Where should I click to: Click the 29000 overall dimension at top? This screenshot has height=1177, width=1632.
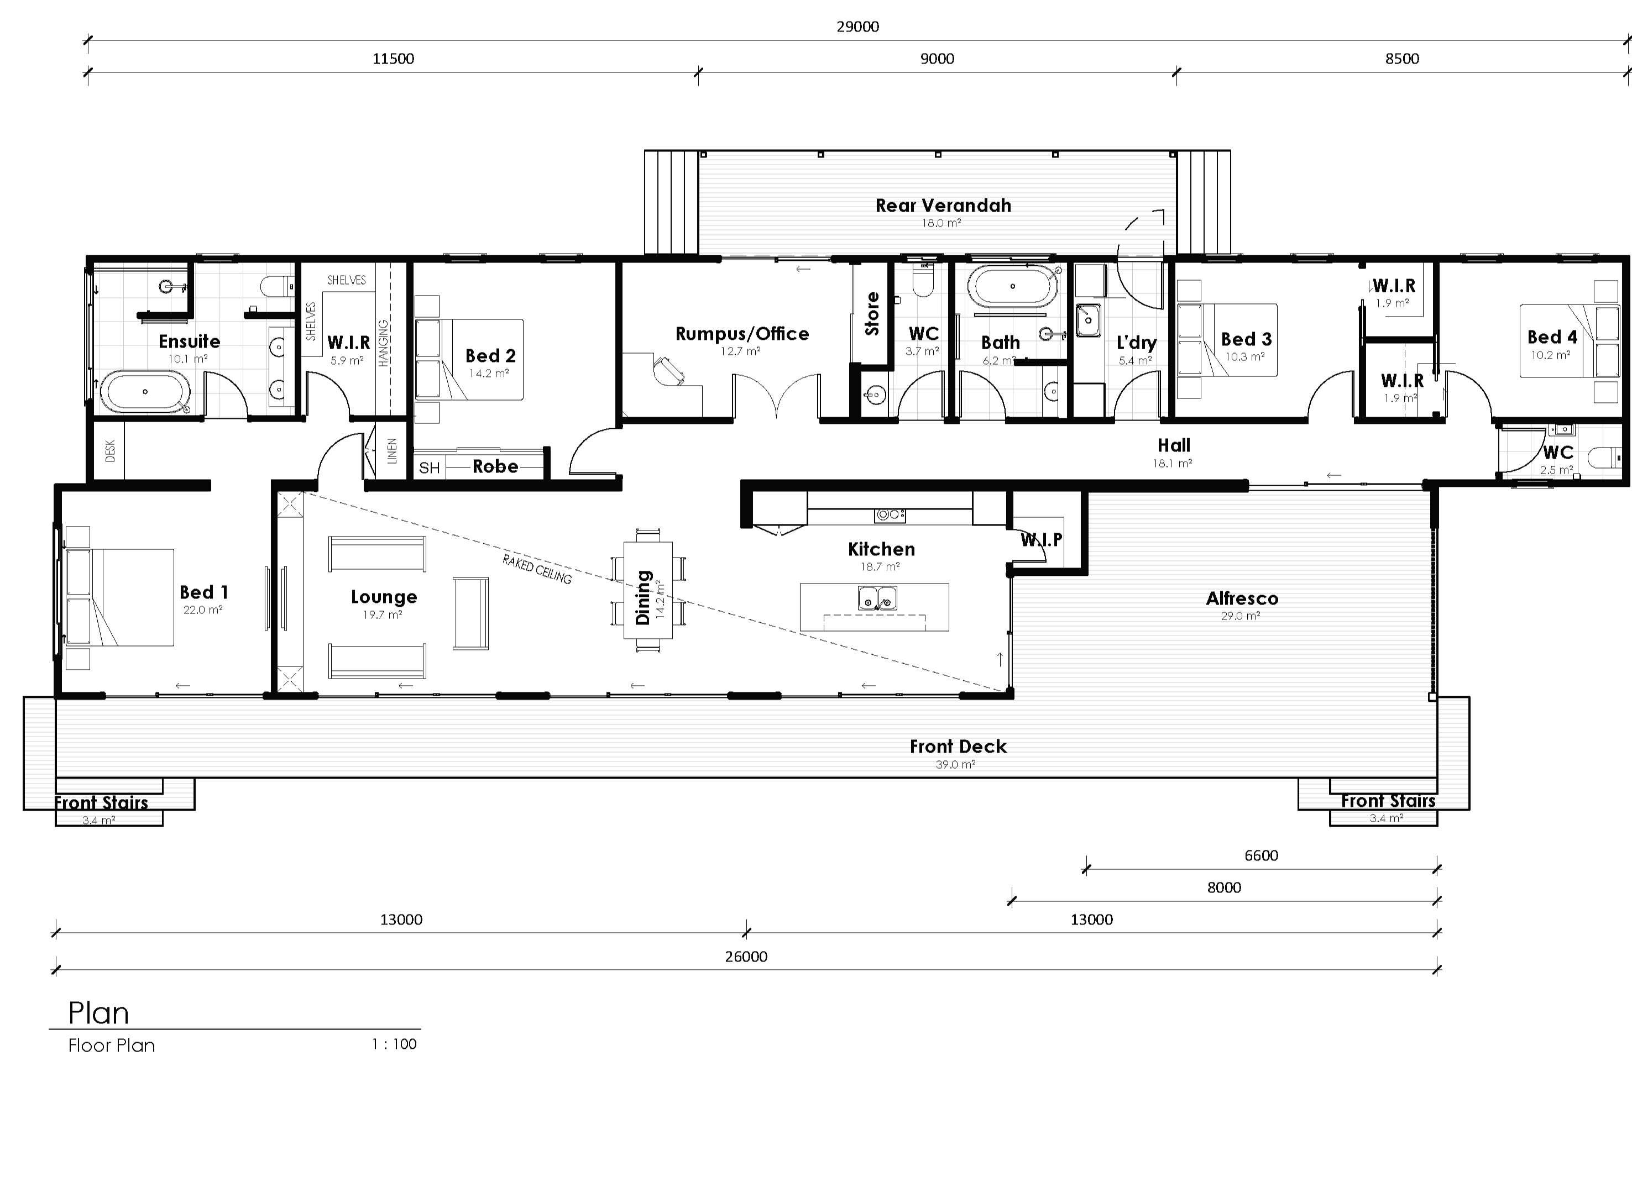857,27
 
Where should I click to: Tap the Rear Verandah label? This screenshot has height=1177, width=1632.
943,206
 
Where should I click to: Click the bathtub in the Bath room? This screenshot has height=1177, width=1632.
1012,286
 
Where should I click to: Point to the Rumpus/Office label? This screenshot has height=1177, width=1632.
742,334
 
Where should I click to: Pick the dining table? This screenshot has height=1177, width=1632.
647,590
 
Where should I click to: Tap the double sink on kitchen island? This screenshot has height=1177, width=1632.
877,598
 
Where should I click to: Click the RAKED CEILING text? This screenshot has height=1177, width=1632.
537,569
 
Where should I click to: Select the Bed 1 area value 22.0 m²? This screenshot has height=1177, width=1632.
202,610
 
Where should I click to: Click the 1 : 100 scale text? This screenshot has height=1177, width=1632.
394,1044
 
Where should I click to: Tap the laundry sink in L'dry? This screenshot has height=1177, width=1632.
1088,319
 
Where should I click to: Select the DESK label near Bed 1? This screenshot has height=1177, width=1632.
110,451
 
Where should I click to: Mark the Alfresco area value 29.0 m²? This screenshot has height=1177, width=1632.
1241,616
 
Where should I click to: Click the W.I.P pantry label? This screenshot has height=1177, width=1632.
1040,539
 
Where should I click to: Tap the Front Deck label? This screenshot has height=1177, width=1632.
958,747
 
